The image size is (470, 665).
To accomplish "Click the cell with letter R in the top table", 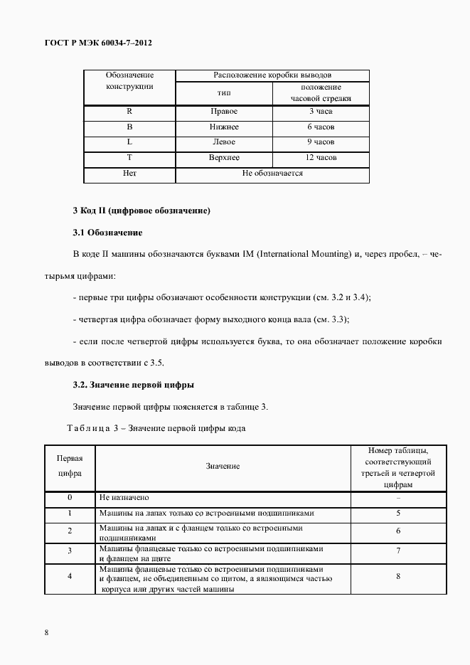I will pos(129,112).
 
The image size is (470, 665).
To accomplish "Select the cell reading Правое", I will pos(224,112).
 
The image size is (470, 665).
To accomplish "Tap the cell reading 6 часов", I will pos(321,127).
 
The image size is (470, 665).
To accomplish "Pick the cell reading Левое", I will pos(224,142).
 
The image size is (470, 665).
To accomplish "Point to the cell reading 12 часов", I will pos(321,157).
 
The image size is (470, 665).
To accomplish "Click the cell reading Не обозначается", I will pos(272,173).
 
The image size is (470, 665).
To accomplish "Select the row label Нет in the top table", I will pos(129,173).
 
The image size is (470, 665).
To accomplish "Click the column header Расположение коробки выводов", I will pos(272,75).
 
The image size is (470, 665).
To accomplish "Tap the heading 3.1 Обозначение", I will pos(107,233).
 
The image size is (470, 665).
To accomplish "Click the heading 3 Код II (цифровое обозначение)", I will pos(141,211).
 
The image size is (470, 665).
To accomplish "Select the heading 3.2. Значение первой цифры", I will pos(134,385).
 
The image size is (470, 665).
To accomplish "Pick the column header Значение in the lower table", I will pos(223,467).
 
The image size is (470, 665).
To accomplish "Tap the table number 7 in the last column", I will pos(398,550).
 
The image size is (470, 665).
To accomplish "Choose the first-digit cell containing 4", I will pos(70,575).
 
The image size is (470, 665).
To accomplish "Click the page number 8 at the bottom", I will pos(46,632).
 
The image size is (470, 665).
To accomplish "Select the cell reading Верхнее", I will pos(224,157).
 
